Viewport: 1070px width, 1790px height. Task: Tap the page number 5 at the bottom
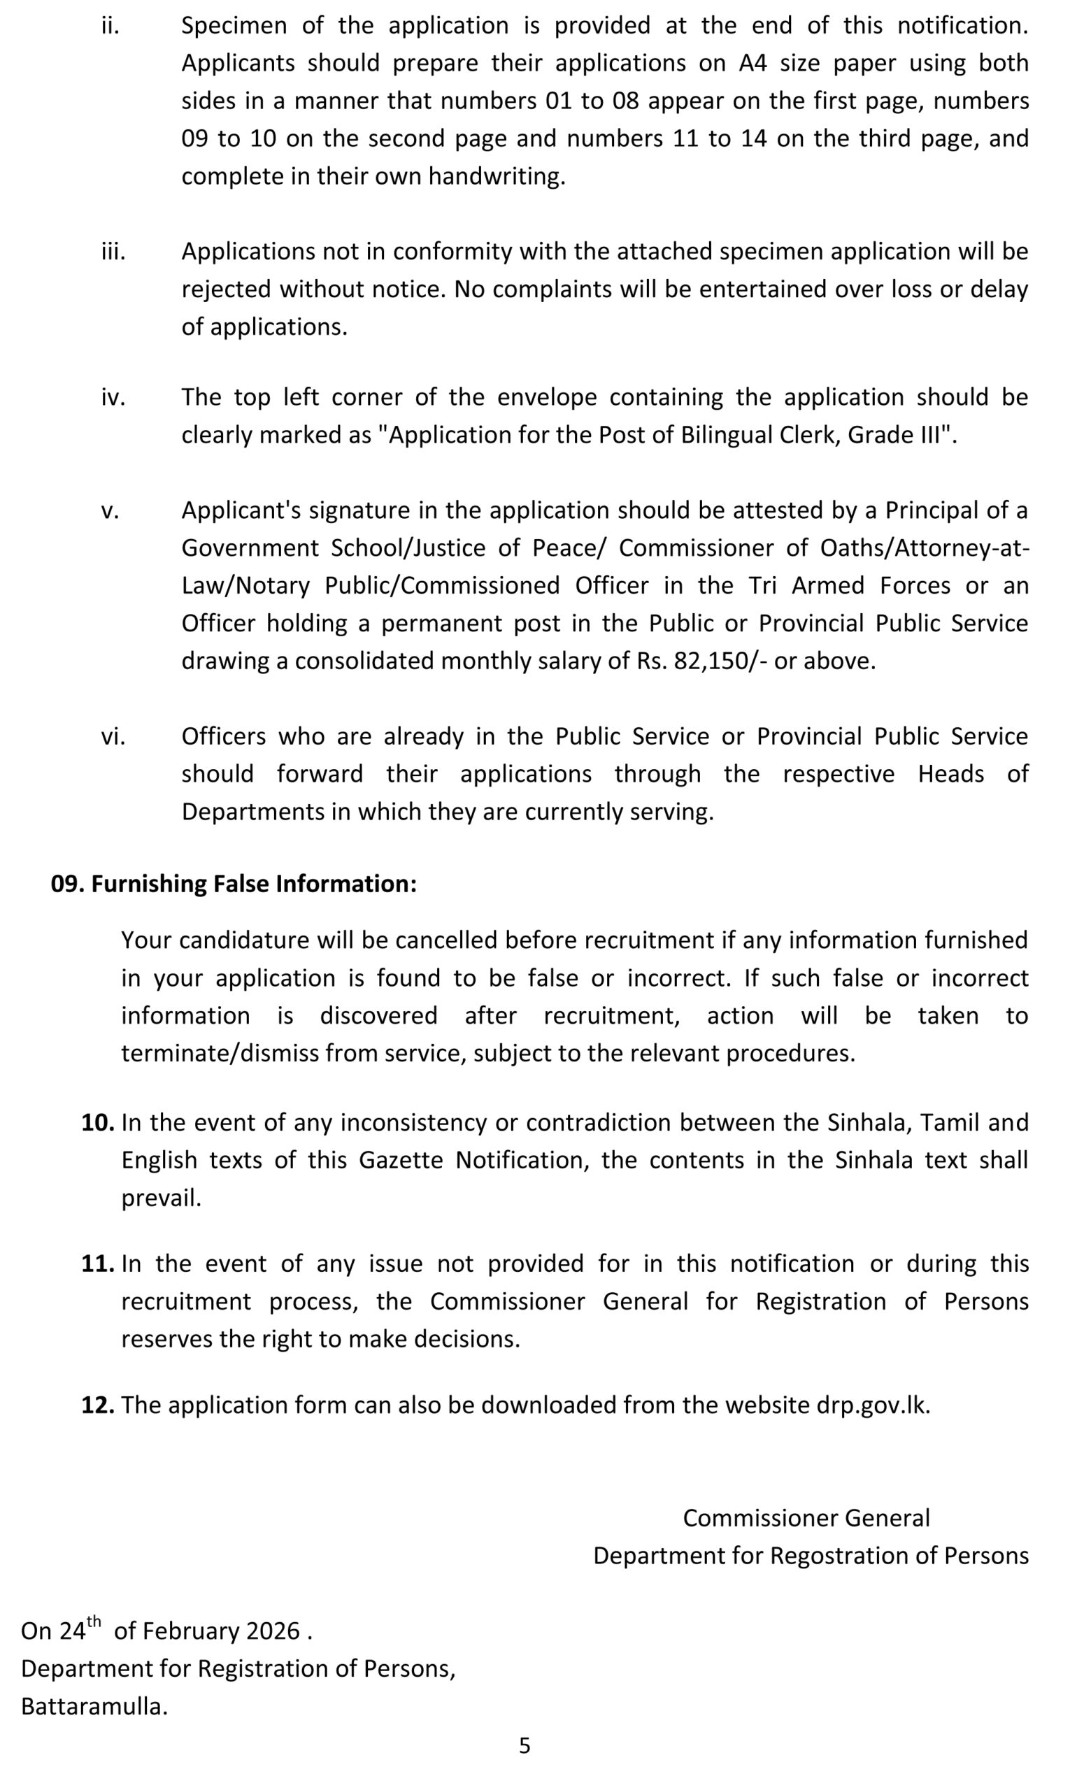pyautogui.click(x=525, y=1745)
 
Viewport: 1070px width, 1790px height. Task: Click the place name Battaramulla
pyautogui.click(x=94, y=1706)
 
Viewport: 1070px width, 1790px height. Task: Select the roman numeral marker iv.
pyautogui.click(x=113, y=397)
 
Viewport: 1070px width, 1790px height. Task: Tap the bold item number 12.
pyautogui.click(x=97, y=1405)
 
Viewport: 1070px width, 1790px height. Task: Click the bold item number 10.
pyautogui.click(x=97, y=1122)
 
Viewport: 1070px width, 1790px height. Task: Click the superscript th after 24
pyautogui.click(x=94, y=1622)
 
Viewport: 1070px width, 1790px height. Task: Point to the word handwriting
pyautogui.click(x=497, y=177)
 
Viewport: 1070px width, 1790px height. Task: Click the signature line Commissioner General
pyautogui.click(x=806, y=1517)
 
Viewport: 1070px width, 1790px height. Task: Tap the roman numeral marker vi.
pyautogui.click(x=113, y=736)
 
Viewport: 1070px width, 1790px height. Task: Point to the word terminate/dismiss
pyautogui.click(x=219, y=1053)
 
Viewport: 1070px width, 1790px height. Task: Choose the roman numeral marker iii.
pyautogui.click(x=113, y=252)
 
